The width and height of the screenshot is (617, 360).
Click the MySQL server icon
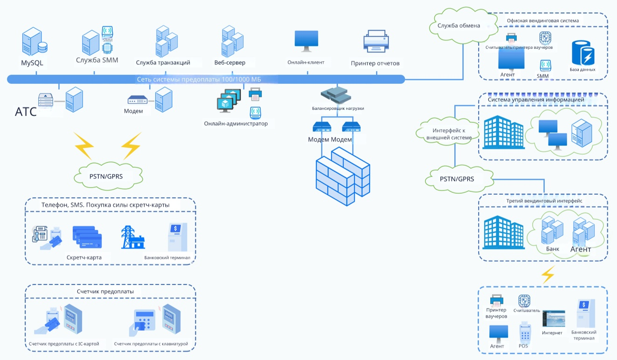[34, 41]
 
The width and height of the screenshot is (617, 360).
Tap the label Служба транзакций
[163, 63]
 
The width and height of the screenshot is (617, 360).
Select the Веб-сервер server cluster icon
[233, 41]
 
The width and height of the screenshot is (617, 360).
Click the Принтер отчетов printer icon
[376, 41]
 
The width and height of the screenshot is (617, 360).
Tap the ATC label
[26, 112]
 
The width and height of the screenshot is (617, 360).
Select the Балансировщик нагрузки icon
[336, 95]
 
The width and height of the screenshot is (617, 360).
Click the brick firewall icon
[343, 176]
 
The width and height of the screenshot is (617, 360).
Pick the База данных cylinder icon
[583, 53]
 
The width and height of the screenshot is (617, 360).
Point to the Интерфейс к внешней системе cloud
[447, 133]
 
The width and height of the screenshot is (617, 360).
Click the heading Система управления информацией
[536, 100]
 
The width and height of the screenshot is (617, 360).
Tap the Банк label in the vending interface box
[553, 249]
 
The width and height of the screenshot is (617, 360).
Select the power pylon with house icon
[133, 237]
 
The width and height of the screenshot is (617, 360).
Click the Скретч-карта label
[84, 258]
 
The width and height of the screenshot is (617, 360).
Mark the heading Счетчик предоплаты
[105, 292]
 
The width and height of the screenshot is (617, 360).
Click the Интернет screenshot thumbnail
[554, 319]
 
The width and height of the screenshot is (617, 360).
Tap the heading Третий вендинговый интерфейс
[544, 201]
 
